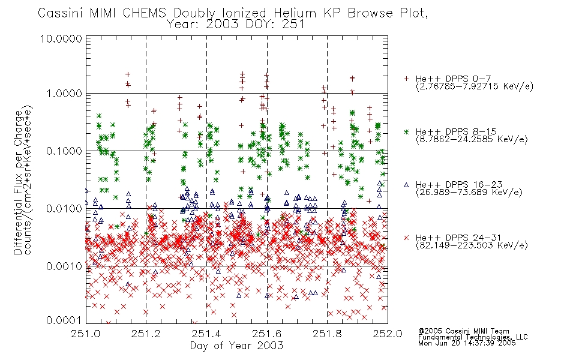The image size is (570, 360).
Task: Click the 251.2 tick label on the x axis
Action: pyautogui.click(x=146, y=334)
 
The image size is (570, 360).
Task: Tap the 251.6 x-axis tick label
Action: pyautogui.click(x=267, y=334)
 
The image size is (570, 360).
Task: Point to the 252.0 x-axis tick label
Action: pyautogui.click(x=388, y=334)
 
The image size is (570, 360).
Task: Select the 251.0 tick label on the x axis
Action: pyautogui.click(x=86, y=334)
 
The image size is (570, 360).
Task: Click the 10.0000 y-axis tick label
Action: pyautogui.click(x=61, y=38)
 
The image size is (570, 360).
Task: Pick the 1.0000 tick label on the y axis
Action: pyautogui.click(x=64, y=94)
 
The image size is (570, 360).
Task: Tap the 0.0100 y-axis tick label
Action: pyautogui.click(x=64, y=209)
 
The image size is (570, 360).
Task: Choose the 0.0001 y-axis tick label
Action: pyautogui.click(x=64, y=320)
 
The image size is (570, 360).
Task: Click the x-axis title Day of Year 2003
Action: pyautogui.click(x=236, y=346)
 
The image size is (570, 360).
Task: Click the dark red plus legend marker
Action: pyautogui.click(x=406, y=79)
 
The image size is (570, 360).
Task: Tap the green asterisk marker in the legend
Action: pyautogui.click(x=406, y=131)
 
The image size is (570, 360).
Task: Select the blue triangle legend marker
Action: pyautogui.click(x=406, y=185)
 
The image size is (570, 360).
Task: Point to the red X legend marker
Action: pyautogui.click(x=406, y=238)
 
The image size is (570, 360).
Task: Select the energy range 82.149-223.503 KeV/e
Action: pyautogui.click(x=472, y=245)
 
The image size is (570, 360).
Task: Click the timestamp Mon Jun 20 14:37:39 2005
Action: pyautogui.click(x=467, y=343)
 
